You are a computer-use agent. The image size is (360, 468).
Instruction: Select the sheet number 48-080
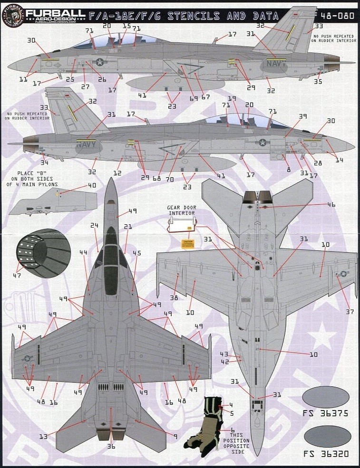[x=339, y=16]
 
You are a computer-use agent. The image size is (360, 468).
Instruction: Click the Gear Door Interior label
[x=181, y=210]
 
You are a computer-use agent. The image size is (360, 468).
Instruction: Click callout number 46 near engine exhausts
[x=331, y=204]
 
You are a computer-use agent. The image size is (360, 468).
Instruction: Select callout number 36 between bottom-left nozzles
[x=111, y=446]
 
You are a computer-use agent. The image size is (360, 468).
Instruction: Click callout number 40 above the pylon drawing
[x=92, y=185]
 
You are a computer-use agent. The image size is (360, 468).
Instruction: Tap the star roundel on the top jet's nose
[x=100, y=61]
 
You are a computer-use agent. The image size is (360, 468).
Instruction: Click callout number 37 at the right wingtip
[x=350, y=312]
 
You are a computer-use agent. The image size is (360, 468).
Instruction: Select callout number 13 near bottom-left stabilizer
[x=43, y=436]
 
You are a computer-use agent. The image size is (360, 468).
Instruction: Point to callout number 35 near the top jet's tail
[x=318, y=81]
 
